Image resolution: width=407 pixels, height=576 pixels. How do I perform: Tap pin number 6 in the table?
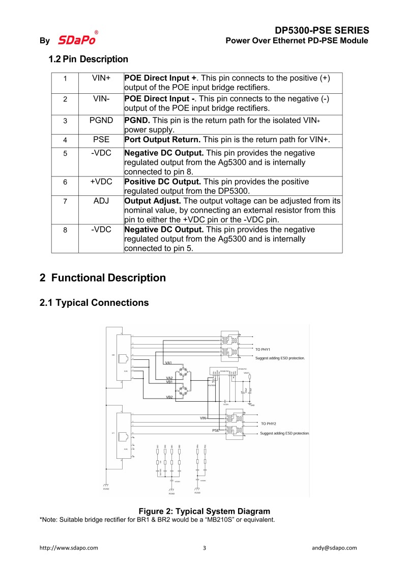click(65, 182)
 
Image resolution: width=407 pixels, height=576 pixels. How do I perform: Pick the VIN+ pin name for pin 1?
click(101, 78)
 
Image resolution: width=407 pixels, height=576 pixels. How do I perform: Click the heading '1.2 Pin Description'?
click(88, 59)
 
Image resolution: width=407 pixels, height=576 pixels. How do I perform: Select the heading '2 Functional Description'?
click(103, 278)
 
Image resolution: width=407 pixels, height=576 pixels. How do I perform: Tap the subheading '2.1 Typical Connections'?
click(94, 303)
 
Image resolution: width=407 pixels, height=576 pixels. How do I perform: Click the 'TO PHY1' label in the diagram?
click(263, 349)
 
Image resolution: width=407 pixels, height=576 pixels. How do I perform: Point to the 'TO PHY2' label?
click(268, 424)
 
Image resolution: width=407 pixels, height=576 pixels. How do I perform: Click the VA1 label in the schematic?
click(169, 362)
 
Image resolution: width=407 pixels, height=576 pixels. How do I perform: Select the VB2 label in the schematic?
click(169, 397)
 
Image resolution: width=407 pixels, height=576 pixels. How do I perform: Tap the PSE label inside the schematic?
click(215, 431)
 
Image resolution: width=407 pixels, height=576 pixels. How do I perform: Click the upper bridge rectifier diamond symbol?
click(178, 370)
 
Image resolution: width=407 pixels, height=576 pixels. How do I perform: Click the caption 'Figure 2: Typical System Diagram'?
click(204, 511)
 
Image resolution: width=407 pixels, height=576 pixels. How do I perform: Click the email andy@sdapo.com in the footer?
click(334, 548)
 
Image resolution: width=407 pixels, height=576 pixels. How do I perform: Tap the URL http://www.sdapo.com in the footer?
click(69, 548)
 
